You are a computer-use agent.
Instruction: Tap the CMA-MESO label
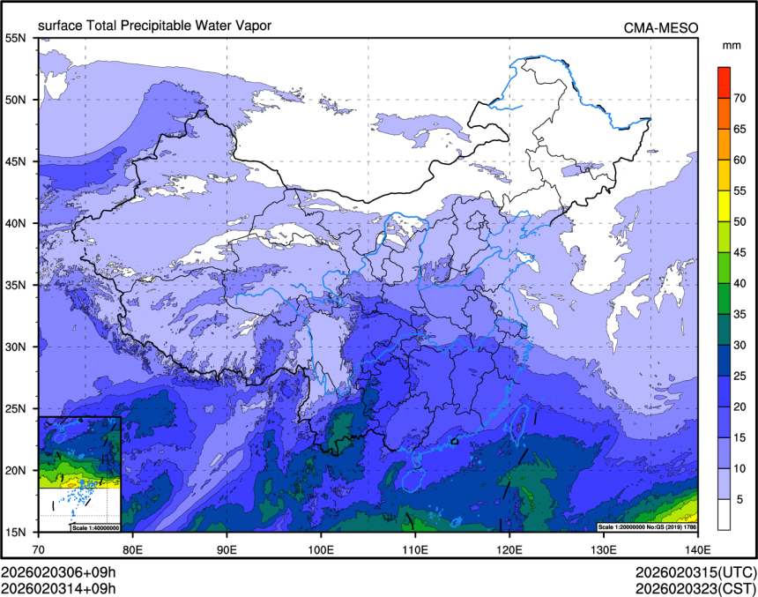[661, 27]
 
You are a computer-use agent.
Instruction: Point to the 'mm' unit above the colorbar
[731, 44]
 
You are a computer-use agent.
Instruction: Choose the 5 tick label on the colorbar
[740, 499]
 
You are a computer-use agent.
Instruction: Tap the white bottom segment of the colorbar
[724, 514]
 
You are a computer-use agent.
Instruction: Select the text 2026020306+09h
[58, 571]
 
